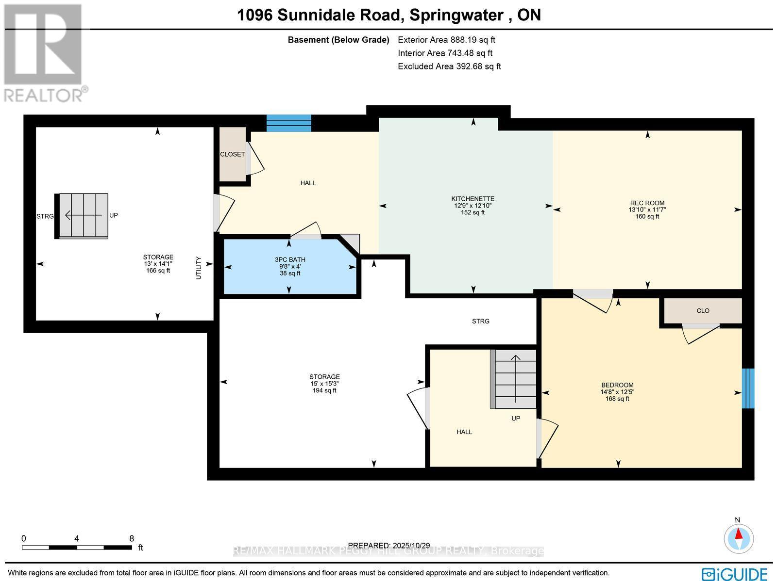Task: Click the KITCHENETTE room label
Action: click(x=473, y=199)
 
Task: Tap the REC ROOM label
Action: click(x=647, y=203)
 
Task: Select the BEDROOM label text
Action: click(x=617, y=385)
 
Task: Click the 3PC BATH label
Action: click(x=290, y=260)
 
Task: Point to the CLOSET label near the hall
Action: click(x=232, y=154)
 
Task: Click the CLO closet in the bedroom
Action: click(x=703, y=311)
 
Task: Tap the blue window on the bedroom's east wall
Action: click(x=748, y=388)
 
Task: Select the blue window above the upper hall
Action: click(x=289, y=123)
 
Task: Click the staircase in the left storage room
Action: click(x=82, y=215)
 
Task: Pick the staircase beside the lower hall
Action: click(x=515, y=379)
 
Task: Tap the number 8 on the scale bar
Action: click(x=132, y=538)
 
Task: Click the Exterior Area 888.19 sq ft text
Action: click(x=446, y=40)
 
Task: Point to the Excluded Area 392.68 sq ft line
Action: click(x=449, y=66)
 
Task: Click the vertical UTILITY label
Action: click(x=198, y=268)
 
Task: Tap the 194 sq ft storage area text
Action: click(x=324, y=390)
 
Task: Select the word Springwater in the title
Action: click(x=456, y=15)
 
